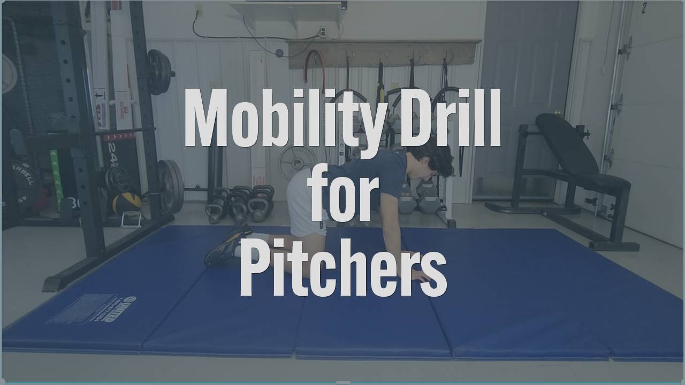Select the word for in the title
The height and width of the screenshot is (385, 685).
point(344,191)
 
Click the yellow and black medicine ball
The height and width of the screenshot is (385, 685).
point(127,203)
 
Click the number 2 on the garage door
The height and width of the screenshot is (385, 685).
point(644,8)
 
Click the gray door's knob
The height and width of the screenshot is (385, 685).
point(558,113)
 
